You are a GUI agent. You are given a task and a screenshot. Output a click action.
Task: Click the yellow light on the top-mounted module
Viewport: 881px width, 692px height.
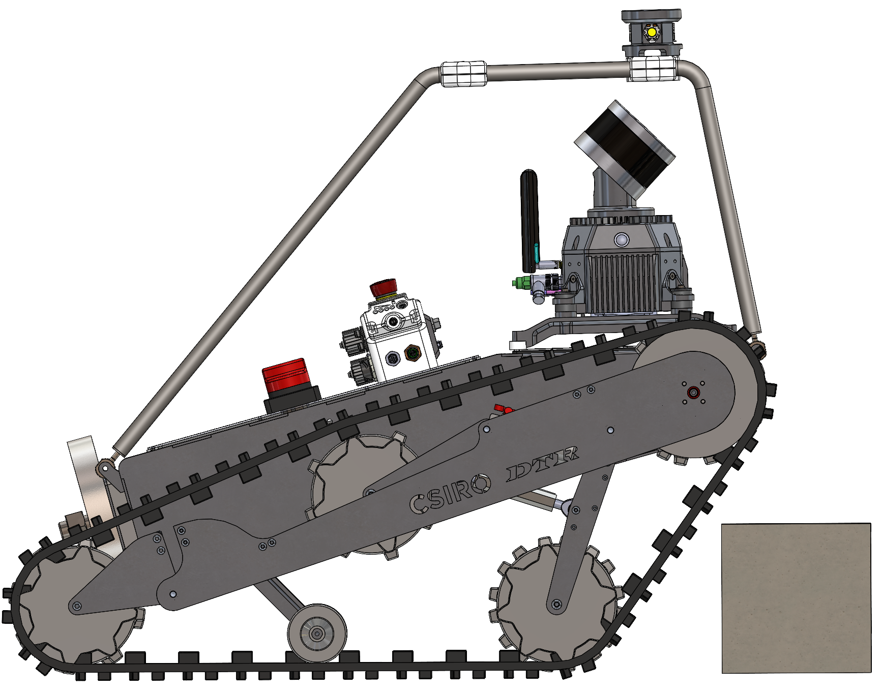click(x=652, y=33)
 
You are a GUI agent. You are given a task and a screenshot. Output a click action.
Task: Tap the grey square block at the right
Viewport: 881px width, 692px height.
click(x=796, y=598)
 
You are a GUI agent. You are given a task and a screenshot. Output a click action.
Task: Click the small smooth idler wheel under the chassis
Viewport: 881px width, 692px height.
click(x=317, y=633)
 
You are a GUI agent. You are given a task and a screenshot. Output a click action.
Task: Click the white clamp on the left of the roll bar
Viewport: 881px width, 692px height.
click(x=463, y=74)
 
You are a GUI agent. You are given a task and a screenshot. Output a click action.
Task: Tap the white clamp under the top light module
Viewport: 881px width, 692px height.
click(x=654, y=68)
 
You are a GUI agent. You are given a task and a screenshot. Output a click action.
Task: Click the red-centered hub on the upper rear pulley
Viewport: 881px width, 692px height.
click(x=693, y=393)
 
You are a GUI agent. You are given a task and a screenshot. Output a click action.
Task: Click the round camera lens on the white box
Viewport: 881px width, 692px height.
click(x=393, y=321)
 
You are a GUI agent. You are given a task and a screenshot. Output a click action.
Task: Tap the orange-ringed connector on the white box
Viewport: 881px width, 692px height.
click(x=411, y=353)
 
